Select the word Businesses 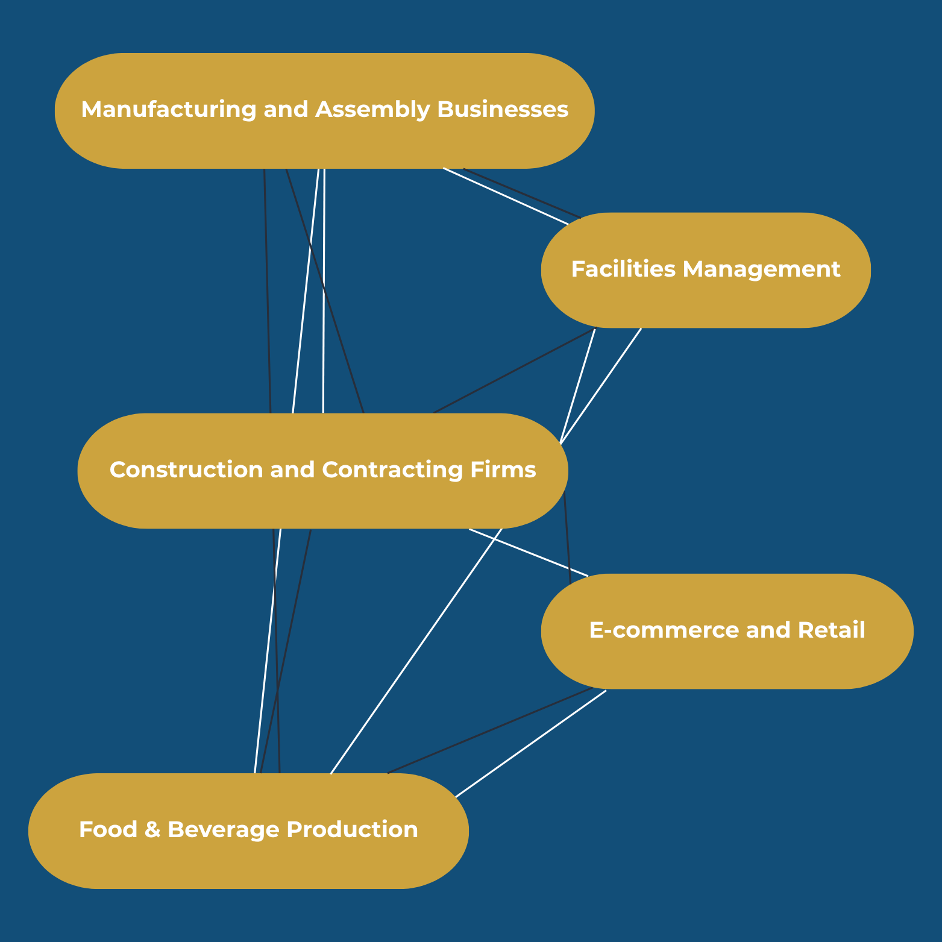coord(503,110)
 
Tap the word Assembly coord(372,110)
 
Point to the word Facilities coord(623,269)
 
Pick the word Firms coord(503,469)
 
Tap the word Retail coord(831,630)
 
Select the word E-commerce coord(664,630)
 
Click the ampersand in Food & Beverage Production coord(152,830)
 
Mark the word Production coord(352,830)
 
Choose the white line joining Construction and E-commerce coord(528,553)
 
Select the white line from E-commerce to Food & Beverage coord(530,744)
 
